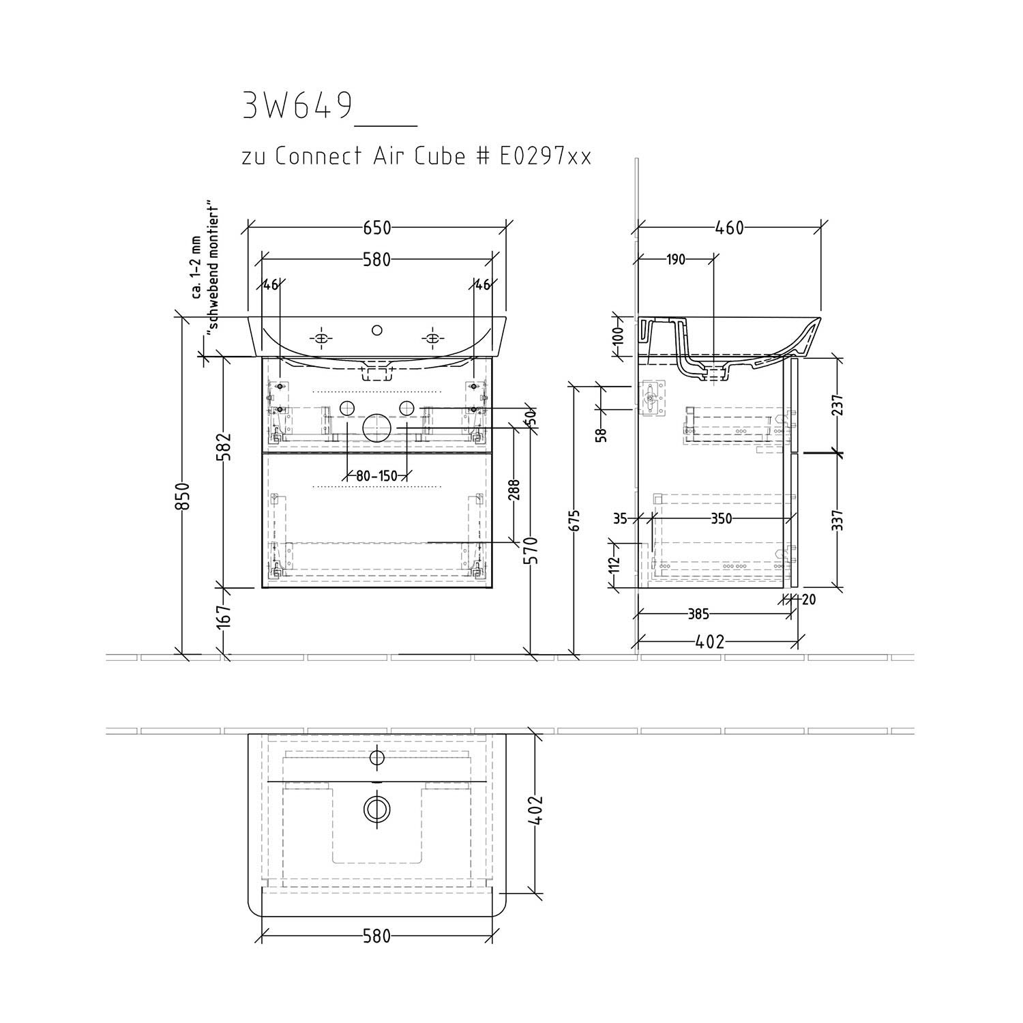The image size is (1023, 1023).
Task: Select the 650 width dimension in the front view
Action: (376, 228)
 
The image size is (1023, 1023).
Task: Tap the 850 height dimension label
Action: (182, 496)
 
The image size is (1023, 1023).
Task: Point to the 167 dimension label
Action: (224, 616)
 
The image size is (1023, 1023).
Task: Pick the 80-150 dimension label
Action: (376, 476)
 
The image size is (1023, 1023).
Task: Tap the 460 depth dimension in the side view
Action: (729, 228)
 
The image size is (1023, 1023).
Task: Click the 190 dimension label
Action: (674, 259)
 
